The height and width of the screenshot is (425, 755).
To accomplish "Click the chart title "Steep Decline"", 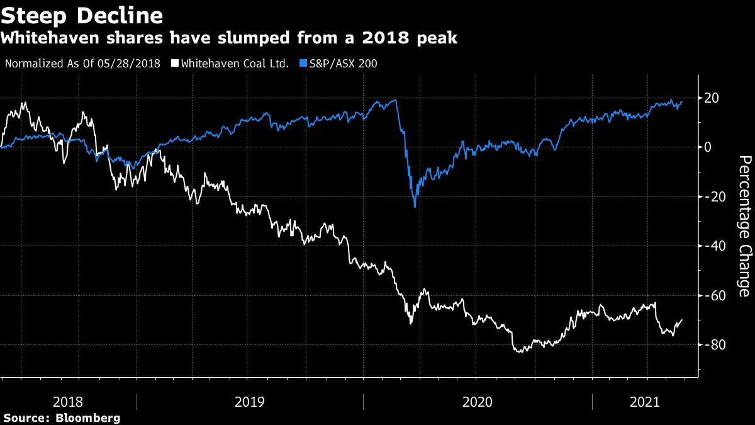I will pos(83,14).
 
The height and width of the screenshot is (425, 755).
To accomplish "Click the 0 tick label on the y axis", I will pos(708,147).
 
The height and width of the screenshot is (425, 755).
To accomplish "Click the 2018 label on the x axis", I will pos(68,402).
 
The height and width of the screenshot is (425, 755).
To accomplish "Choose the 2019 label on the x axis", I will pos(250,402).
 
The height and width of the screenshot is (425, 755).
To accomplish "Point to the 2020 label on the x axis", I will pos(478,402).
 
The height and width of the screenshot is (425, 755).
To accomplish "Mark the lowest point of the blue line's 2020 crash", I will pos(415,207).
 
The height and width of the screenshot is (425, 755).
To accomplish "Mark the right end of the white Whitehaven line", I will pos(682,320).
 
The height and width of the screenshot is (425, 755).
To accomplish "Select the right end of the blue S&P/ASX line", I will pos(682,102).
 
